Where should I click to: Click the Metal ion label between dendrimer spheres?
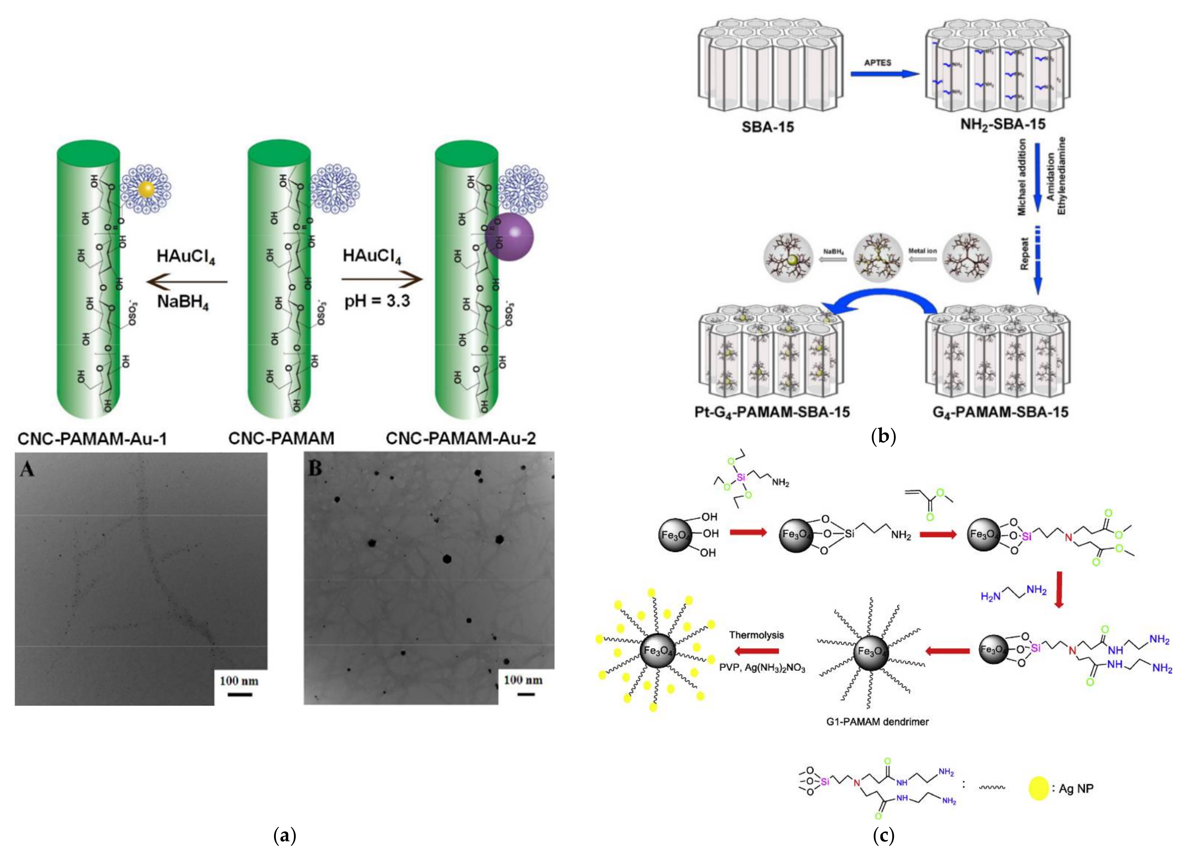pos(922,251)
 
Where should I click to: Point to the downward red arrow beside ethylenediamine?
pos(1058,592)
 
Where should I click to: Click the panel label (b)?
pos(883,436)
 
